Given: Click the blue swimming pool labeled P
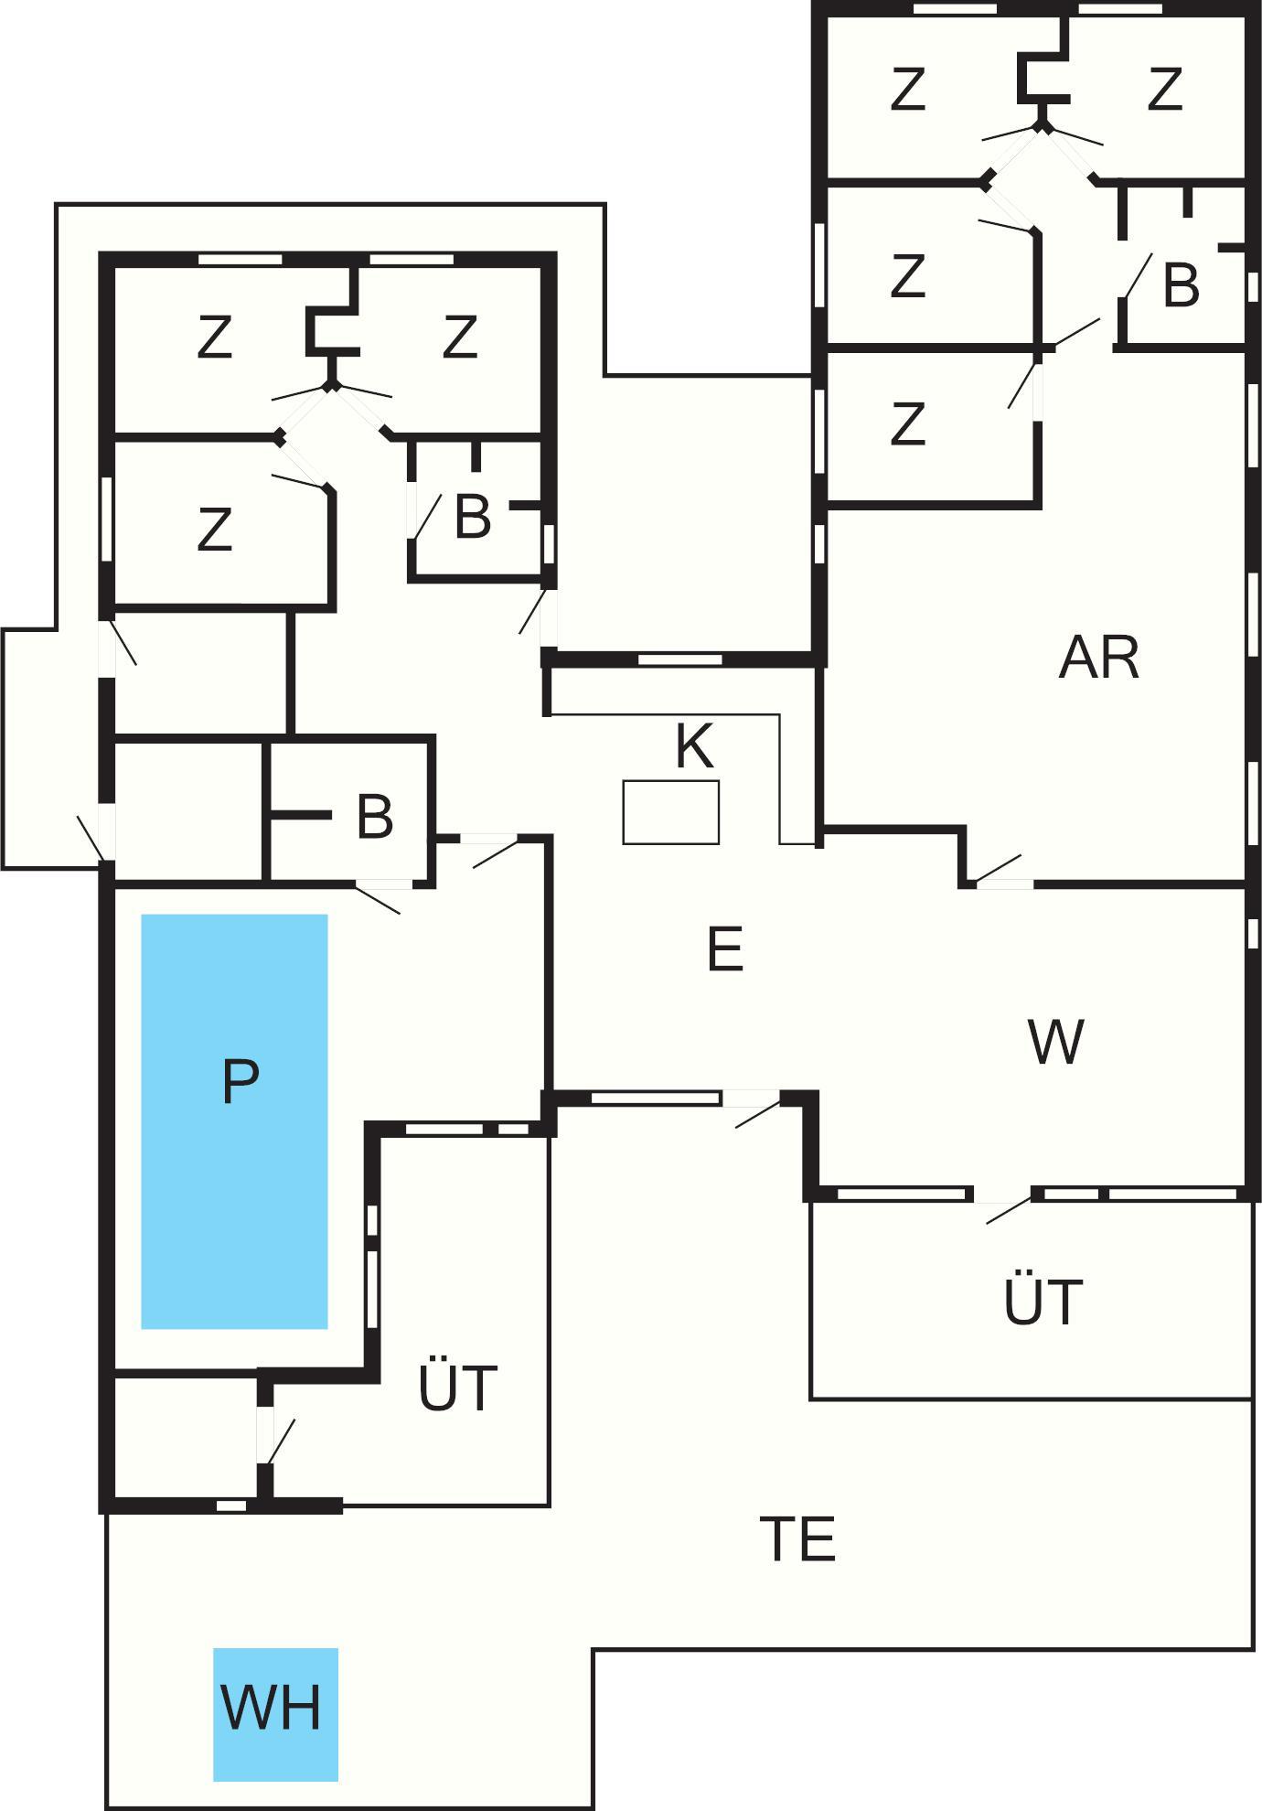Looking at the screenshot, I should coord(234,1120).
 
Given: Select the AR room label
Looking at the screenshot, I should coord(1098,658).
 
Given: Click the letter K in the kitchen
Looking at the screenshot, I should coord(694,746).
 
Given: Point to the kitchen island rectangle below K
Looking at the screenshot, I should coord(670,812).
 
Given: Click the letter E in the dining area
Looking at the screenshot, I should coord(724,949).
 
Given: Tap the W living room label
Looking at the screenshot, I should coord(1055,1041).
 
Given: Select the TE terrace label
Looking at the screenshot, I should coord(797,1539).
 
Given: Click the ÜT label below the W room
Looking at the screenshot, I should coord(1043,1302).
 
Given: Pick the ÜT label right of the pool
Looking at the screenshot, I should coord(457,1388).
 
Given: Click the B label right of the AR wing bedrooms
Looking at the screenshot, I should coord(1181,285).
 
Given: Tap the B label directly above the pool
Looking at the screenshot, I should coord(375,817).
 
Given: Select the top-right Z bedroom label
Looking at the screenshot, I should coord(1164,90).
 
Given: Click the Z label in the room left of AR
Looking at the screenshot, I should coord(907,424).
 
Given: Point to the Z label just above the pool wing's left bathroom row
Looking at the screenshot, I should coord(214,530).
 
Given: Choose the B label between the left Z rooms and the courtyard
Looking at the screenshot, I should coord(472,518).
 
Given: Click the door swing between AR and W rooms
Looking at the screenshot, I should coord(1000,870).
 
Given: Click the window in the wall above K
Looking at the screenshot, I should coord(679,659).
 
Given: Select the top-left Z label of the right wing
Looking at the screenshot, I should coord(907,90).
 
